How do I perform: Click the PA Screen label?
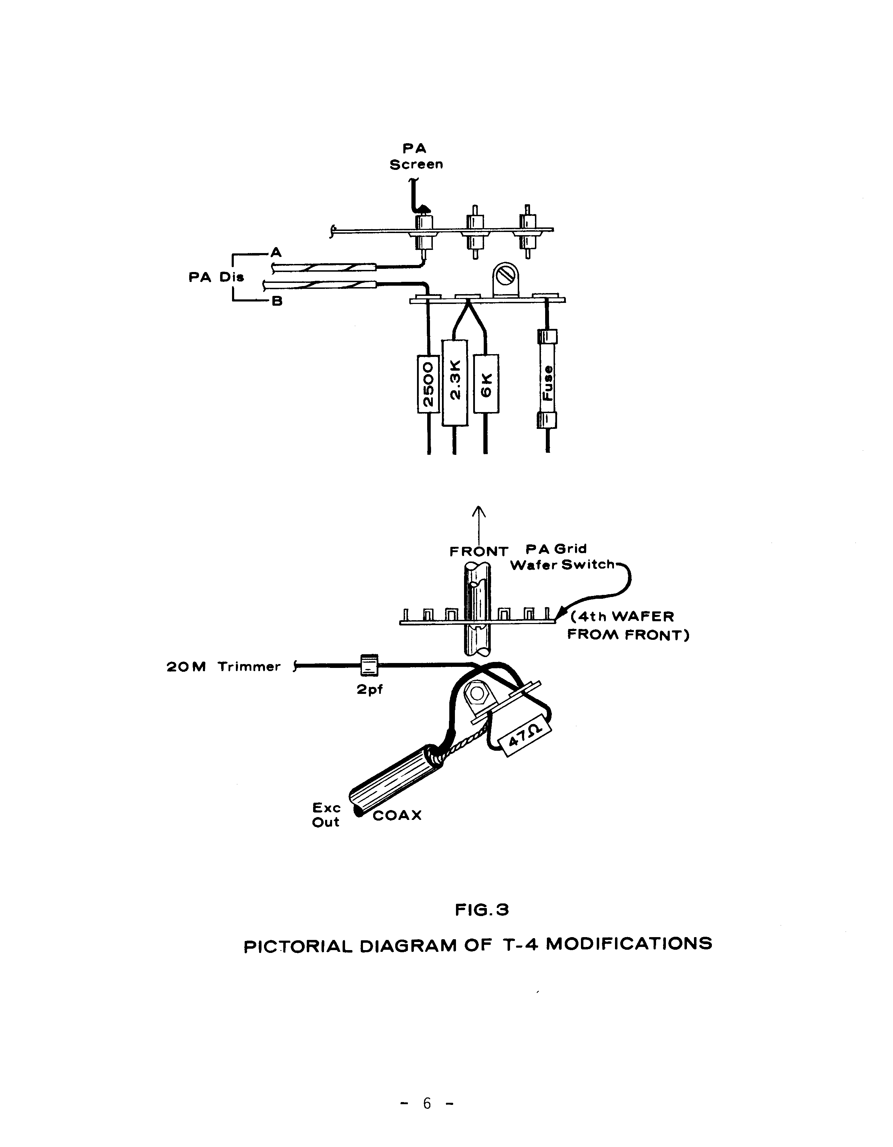(416, 157)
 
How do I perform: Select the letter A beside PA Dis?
(276, 253)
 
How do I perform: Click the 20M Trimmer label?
(224, 667)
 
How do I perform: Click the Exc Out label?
(326, 815)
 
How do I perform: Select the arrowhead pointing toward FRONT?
(478, 511)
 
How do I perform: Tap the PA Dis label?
(216, 277)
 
